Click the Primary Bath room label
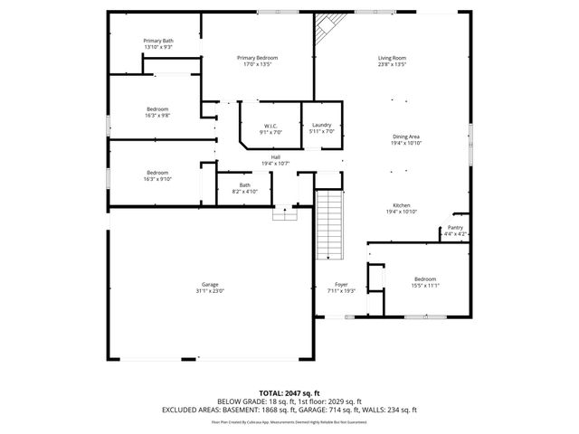pyautogui.click(x=158, y=41)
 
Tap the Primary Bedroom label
pyautogui.click(x=257, y=59)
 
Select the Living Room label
pyautogui.click(x=392, y=59)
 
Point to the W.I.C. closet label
pyautogui.click(x=270, y=126)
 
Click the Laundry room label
pyautogui.click(x=322, y=126)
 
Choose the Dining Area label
pyautogui.click(x=405, y=137)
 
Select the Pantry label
pyautogui.click(x=455, y=228)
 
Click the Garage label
pyautogui.click(x=209, y=285)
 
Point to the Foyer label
pyautogui.click(x=342, y=285)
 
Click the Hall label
pyautogui.click(x=275, y=157)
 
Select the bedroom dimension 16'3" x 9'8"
pyautogui.click(x=157, y=115)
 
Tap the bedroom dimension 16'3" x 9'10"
pyautogui.click(x=157, y=178)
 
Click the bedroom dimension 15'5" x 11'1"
pyautogui.click(x=425, y=285)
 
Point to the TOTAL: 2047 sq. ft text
pyautogui.click(x=289, y=392)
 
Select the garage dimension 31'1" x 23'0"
pyautogui.click(x=209, y=291)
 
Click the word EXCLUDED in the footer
pyautogui.click(x=184, y=410)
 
